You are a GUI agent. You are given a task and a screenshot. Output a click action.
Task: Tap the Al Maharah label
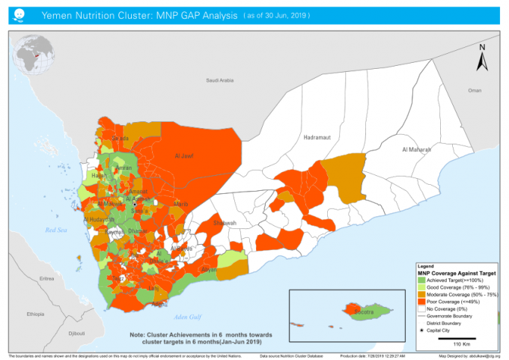pyautogui.click(x=417, y=150)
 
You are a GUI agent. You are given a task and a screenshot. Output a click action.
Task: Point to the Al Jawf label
pyautogui.click(x=184, y=156)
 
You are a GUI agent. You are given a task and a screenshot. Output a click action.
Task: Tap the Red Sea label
pyautogui.click(x=56, y=230)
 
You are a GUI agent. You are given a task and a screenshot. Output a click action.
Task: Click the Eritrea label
pyautogui.click(x=47, y=278)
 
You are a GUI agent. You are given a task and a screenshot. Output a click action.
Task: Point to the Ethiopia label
pyautogui.click(x=35, y=314)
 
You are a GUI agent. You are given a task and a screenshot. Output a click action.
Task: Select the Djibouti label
pyautogui.click(x=76, y=332)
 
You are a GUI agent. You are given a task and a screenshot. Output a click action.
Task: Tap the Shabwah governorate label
pyautogui.click(x=225, y=223)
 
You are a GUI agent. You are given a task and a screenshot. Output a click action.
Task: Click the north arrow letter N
pyautogui.click(x=483, y=48)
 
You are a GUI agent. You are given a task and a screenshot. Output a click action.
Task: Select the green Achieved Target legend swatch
pyautogui.click(x=421, y=280)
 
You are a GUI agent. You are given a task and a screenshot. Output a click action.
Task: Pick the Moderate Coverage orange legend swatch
pyautogui.click(x=421, y=293)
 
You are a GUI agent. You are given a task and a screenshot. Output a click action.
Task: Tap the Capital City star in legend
pyautogui.click(x=421, y=330)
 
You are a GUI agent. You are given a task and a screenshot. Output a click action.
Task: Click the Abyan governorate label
pyautogui.click(x=210, y=269)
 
